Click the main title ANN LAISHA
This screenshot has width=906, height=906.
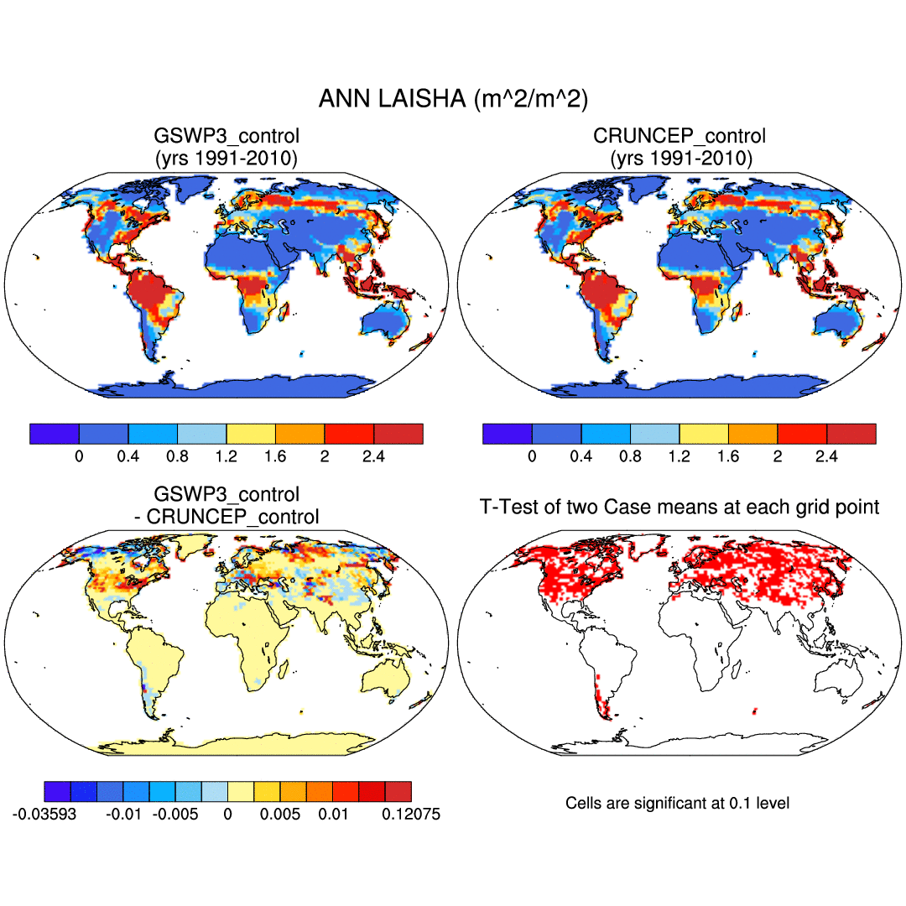tap(453, 99)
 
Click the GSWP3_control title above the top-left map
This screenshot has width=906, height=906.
tap(226, 135)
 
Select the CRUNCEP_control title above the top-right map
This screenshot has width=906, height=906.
tap(679, 135)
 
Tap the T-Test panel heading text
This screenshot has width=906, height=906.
tap(679, 507)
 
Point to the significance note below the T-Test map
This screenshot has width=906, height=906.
tap(677, 803)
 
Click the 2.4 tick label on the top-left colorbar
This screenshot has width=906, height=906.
tap(374, 456)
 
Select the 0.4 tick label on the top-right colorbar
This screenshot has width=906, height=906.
tap(581, 456)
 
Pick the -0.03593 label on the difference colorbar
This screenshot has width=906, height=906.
tap(44, 815)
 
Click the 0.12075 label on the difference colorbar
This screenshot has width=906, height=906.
tap(412, 815)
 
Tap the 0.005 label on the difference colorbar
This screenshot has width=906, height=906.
tap(281, 815)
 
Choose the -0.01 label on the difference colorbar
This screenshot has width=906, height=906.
tap(124, 815)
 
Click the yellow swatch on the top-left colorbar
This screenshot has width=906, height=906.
tap(251, 433)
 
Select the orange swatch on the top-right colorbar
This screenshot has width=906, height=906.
tap(753, 433)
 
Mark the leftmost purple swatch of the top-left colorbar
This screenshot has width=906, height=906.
tap(54, 433)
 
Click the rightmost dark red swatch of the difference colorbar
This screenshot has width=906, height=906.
tap(398, 791)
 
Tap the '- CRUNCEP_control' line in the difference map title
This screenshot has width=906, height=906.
tap(226, 517)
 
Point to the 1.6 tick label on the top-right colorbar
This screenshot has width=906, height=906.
tap(728, 456)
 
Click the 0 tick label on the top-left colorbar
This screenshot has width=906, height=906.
tap(79, 456)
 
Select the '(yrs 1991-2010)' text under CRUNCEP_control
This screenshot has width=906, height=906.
tap(679, 158)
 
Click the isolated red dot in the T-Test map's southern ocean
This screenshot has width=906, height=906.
tap(754, 711)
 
